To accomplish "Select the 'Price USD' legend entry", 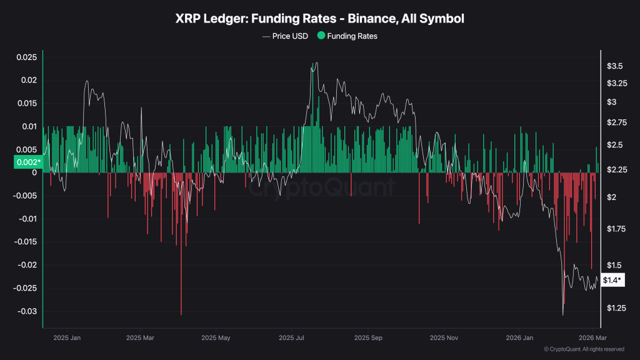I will [x=290, y=36].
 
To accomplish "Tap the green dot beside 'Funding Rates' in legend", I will [x=321, y=36].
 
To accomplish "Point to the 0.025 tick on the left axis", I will [x=26, y=57].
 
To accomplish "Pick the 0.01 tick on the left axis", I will [x=29, y=127].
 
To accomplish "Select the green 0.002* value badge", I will [x=27, y=162].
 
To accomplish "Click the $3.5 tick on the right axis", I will [x=614, y=66].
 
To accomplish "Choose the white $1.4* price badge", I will [x=612, y=281].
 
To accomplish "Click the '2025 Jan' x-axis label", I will [x=67, y=338].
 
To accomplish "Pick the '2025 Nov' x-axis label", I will [x=443, y=338].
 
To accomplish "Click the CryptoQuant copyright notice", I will [x=584, y=349].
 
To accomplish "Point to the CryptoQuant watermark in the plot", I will [x=319, y=187].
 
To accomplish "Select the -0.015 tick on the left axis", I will [x=26, y=242].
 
